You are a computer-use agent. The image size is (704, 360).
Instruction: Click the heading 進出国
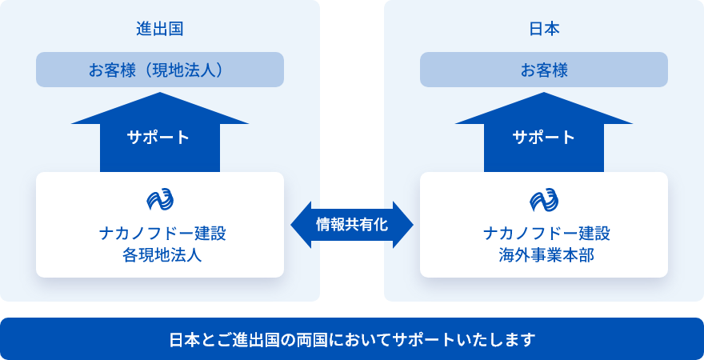point(160,29)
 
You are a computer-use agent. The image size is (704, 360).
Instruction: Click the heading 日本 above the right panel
point(544,29)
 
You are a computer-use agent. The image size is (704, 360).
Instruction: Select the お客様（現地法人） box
point(160,70)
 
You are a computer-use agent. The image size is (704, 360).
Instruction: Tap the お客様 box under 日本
point(544,70)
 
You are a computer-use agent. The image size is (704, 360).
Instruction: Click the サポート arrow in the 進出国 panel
point(160,137)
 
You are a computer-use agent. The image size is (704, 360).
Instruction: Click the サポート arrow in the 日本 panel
point(544,137)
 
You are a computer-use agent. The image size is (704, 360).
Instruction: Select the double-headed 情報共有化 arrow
point(352,225)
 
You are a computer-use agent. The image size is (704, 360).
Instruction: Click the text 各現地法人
point(160,256)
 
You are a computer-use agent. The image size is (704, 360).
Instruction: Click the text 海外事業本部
point(544,256)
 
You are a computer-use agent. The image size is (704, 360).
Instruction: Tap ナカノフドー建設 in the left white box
point(160,234)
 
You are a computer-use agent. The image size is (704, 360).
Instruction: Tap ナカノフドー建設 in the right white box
point(544,234)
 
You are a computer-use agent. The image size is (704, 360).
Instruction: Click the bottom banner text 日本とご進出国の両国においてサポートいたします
point(352,339)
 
